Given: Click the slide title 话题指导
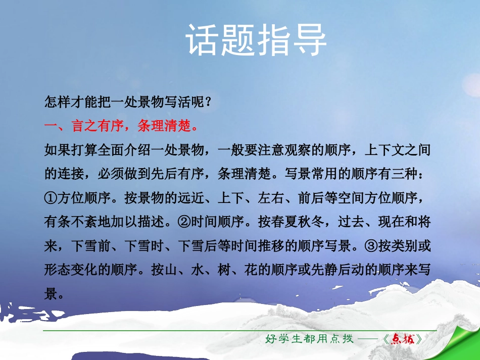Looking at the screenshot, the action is point(256,40).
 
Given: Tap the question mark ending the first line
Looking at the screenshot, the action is point(209,102).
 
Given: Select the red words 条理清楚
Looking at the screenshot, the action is point(164,126).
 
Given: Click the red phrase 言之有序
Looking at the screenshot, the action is point(98,126).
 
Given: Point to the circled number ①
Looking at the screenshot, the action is point(51,198).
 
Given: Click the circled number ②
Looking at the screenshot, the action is point(184,222).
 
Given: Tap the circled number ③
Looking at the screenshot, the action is point(371,245).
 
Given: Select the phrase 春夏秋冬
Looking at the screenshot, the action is point(298,222).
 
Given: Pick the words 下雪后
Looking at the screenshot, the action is point(198,245).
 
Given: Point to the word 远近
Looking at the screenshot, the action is point(191,198).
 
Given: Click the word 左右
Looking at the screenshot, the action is point(271,198).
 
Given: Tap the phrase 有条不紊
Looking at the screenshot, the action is point(71,222).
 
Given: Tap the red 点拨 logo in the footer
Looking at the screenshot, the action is point(403,339).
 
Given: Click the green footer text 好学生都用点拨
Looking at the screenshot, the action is point(309,339).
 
